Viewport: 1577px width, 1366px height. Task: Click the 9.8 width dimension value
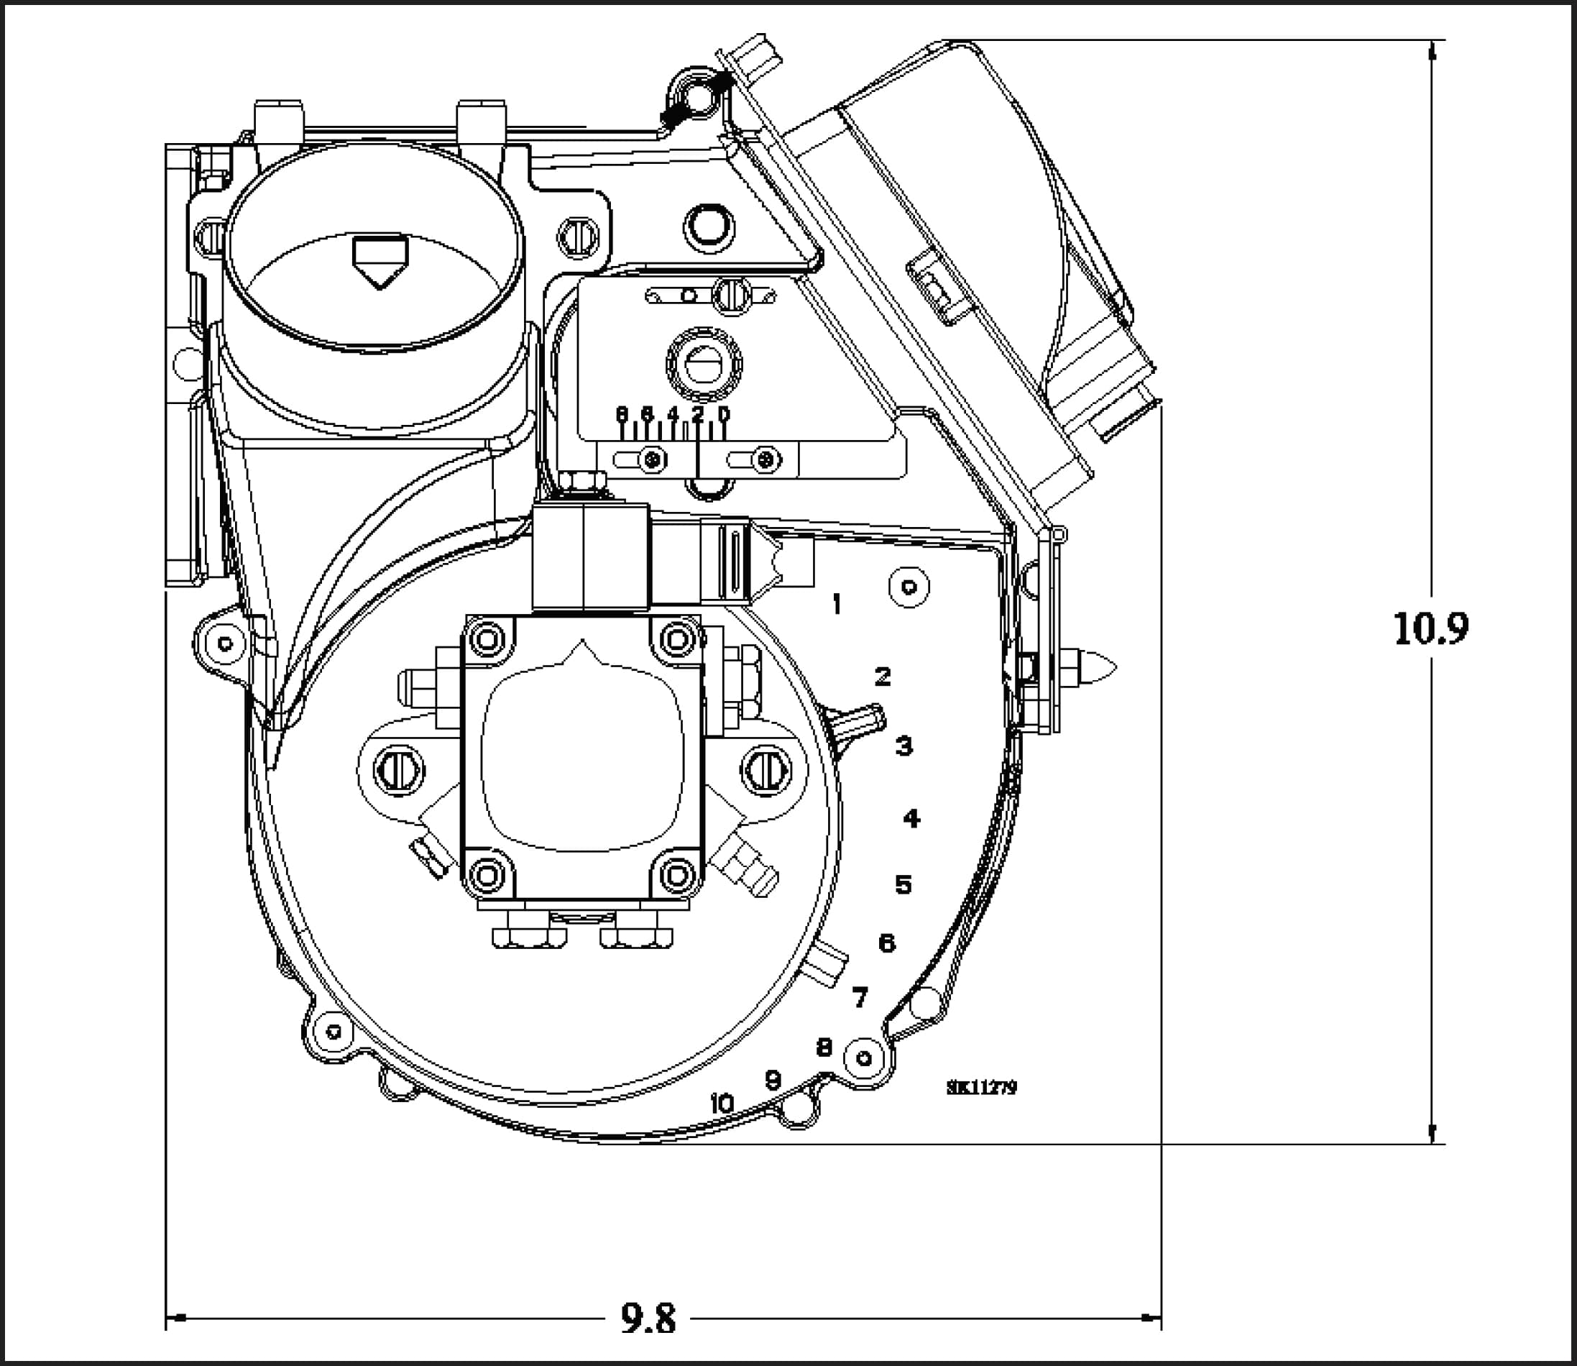tap(647, 1318)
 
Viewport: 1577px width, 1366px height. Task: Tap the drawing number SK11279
tap(981, 1088)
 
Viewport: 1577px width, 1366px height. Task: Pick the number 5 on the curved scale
tap(904, 885)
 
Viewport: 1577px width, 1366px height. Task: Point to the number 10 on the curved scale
tap(721, 1103)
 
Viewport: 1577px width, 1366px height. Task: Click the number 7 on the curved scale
tap(860, 997)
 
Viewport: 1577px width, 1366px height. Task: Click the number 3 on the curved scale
tap(904, 746)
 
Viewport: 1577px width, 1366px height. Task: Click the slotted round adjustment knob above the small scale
tap(704, 365)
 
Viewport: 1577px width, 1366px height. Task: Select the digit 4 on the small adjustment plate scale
tap(672, 414)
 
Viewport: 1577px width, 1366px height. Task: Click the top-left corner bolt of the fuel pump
tap(488, 638)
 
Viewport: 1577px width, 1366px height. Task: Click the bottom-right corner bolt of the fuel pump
tap(678, 874)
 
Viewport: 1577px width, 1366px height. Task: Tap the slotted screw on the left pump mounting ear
tap(399, 771)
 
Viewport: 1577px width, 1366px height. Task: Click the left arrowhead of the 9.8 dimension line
tap(177, 1317)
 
